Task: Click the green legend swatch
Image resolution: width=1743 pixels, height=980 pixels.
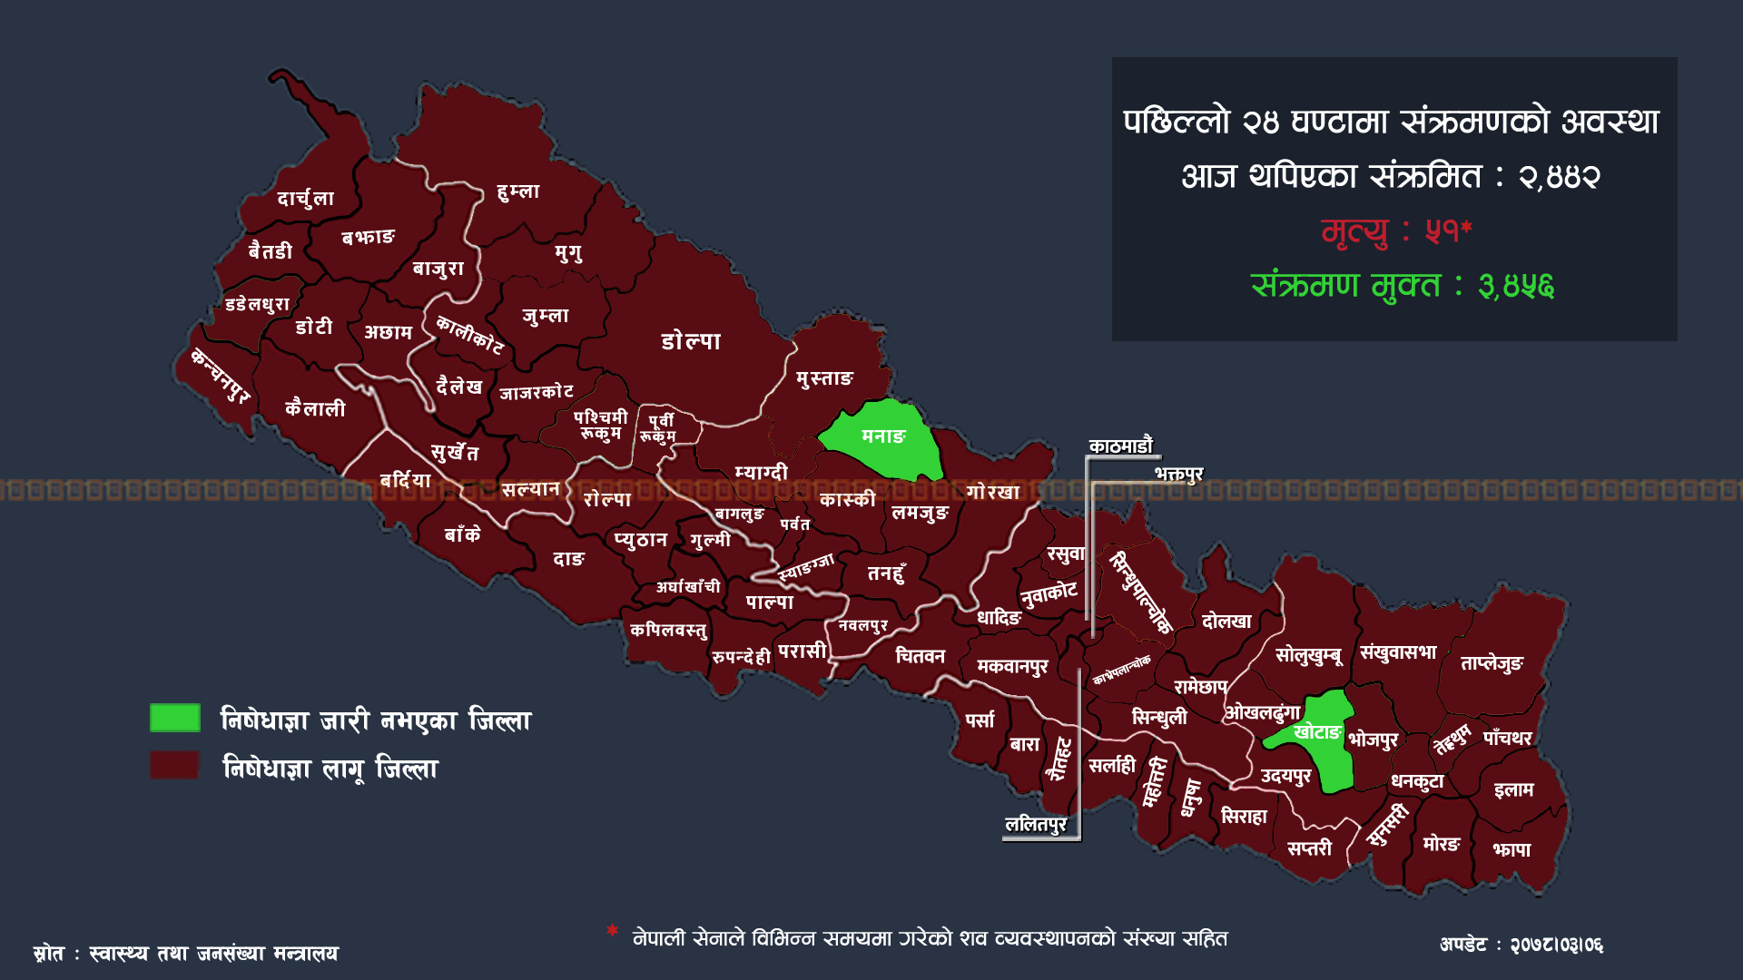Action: click(175, 718)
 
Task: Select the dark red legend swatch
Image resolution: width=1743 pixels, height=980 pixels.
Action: click(175, 766)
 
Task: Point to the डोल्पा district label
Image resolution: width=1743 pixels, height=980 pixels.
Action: click(691, 342)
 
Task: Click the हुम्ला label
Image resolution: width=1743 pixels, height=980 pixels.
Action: click(518, 191)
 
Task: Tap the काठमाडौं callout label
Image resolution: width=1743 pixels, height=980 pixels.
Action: click(1120, 446)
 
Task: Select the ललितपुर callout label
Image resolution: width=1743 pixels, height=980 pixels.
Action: click(1035, 824)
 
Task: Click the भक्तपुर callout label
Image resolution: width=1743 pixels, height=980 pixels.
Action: click(1178, 474)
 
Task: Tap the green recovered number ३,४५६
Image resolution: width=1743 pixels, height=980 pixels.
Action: click(1516, 286)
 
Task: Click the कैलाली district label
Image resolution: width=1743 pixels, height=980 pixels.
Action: click(315, 409)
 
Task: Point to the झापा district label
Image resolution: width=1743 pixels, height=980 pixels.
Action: click(1512, 850)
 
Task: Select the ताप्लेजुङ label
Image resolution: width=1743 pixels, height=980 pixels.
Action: click(1492, 663)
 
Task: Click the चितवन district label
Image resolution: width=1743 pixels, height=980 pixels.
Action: click(920, 656)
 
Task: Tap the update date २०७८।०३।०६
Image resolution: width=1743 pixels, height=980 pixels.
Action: click(1556, 946)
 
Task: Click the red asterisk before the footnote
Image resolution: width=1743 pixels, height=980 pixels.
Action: click(613, 931)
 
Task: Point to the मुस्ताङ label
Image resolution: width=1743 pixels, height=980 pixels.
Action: click(824, 378)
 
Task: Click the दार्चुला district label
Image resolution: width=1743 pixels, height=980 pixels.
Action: click(305, 199)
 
